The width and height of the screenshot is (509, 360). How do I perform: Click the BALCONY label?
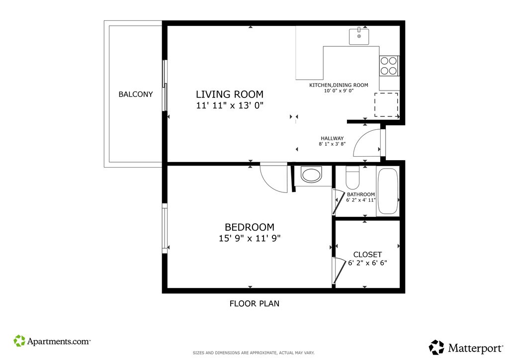point(135,94)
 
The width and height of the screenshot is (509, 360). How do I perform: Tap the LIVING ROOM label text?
point(230,94)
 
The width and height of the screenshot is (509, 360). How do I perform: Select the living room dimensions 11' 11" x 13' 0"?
point(230,105)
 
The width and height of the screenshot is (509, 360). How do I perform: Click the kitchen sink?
point(359,36)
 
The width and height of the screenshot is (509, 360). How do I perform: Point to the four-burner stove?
point(389,66)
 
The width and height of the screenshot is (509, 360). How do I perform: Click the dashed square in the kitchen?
point(386,104)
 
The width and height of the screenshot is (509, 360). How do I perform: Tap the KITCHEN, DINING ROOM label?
point(339,85)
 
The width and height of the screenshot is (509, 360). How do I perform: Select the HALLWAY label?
point(332,138)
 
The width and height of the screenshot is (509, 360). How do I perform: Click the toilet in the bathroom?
point(352,178)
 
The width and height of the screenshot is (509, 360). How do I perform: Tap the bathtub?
point(388,191)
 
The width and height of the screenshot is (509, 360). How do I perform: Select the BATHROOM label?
point(361,194)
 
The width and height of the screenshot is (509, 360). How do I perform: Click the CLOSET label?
point(367,255)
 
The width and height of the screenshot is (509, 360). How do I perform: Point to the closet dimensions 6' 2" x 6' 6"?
point(367,263)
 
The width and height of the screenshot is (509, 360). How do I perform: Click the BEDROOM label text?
point(250,227)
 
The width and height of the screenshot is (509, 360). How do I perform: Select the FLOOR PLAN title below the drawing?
point(254,303)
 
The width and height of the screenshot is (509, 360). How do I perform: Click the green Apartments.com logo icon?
point(19,341)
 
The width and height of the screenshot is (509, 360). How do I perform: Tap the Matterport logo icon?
point(436,348)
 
